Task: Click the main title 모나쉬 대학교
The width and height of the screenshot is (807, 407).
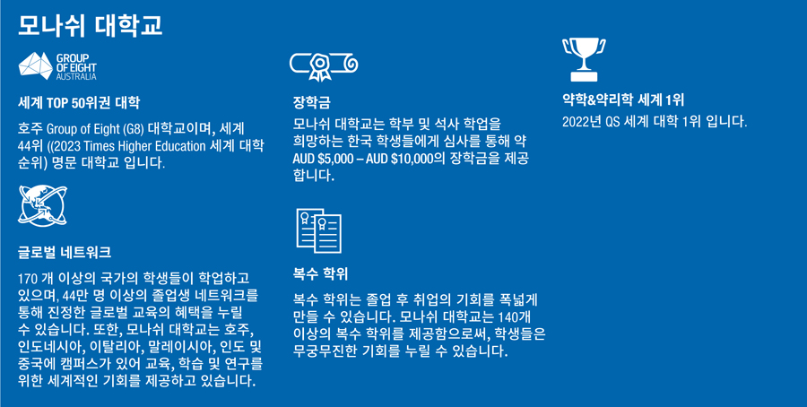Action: pos(90,25)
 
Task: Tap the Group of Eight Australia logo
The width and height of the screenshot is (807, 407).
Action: pos(57,66)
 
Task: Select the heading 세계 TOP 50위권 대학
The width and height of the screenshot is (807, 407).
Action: pos(79,103)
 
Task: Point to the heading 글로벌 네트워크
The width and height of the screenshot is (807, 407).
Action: pos(65,253)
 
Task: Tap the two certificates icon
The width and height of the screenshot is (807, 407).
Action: pos(319,230)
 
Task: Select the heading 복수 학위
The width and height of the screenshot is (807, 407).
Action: pos(320,273)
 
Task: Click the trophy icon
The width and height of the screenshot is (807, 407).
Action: pos(584,59)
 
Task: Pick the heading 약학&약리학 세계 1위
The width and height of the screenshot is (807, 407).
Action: pos(623,100)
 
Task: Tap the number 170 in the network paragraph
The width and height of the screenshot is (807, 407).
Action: pos(27,280)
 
